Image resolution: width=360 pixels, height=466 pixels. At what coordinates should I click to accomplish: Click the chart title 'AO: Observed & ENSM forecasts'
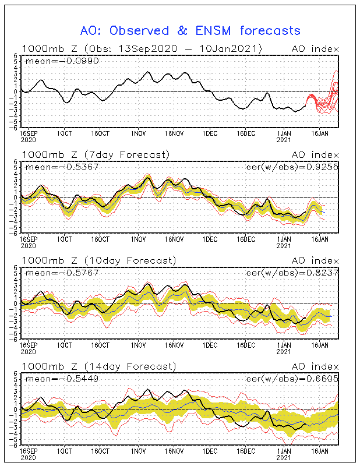point(190,31)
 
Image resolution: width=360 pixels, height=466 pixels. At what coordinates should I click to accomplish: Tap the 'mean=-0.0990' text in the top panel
point(55,60)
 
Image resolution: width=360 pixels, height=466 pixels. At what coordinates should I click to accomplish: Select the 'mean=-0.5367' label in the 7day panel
point(55,167)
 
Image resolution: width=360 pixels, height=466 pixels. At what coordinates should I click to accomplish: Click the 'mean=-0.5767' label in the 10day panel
point(55,273)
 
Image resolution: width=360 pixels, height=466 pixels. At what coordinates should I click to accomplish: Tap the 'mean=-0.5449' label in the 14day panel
point(55,379)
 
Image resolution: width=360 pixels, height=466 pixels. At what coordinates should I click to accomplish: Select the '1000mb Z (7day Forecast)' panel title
point(96,154)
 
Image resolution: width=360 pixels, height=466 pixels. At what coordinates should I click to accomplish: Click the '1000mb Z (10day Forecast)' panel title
point(98,260)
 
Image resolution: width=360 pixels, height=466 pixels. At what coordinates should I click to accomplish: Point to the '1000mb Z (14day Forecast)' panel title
point(98,366)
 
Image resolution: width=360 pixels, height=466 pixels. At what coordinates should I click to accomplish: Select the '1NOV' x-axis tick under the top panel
point(138,133)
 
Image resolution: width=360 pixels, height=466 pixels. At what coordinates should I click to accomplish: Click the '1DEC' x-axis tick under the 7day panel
point(210,239)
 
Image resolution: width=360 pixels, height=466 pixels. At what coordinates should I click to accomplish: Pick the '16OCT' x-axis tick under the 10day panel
point(101,345)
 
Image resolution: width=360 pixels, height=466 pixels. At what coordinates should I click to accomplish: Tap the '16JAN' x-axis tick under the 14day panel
point(320,451)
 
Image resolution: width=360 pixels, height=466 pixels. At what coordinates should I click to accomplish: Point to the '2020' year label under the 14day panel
point(28,457)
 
